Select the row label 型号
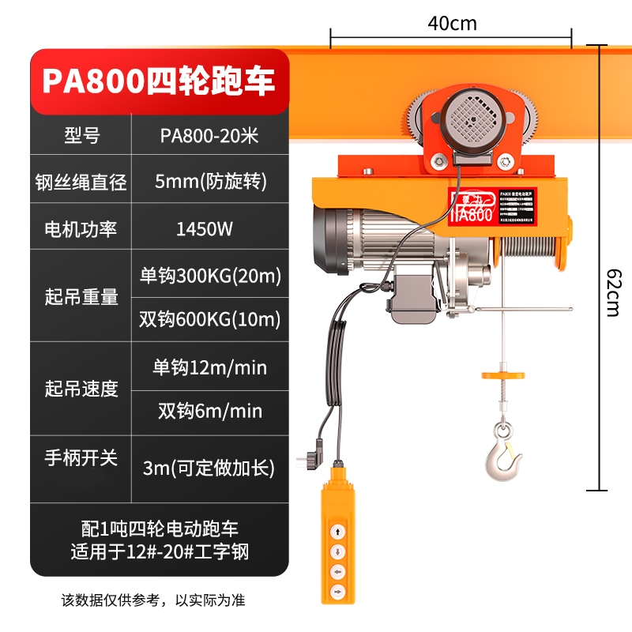click(x=81, y=135)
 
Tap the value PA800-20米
click(x=209, y=135)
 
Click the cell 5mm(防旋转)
click(x=209, y=182)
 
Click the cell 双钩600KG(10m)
click(x=209, y=319)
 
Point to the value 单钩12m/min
click(x=209, y=367)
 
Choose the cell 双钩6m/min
click(x=209, y=411)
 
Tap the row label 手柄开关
click(x=81, y=457)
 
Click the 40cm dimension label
click(x=452, y=23)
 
